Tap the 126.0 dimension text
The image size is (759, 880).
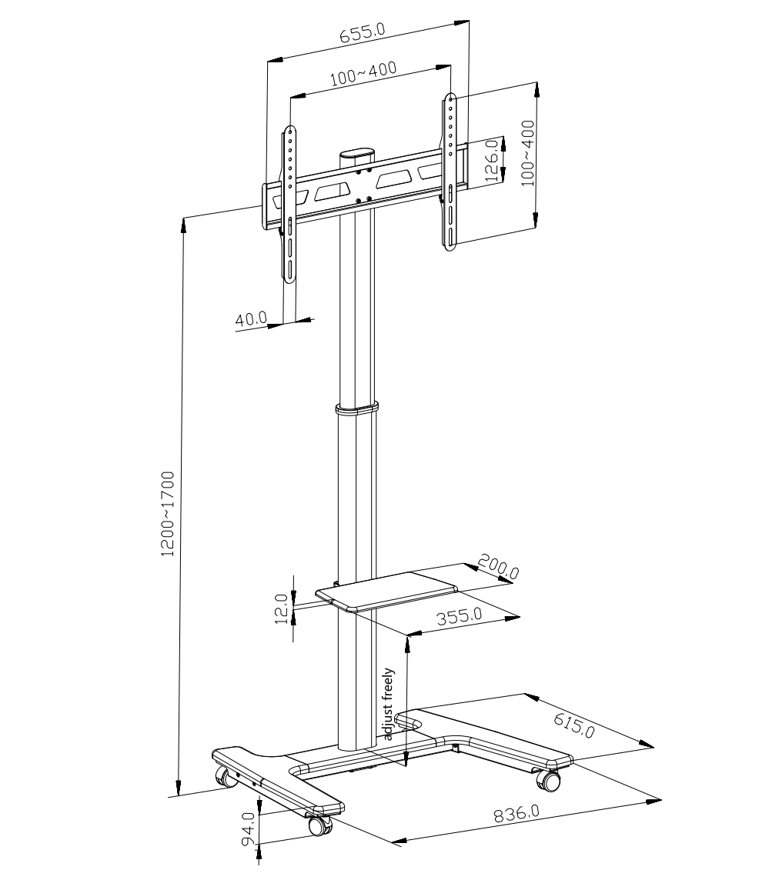(491, 160)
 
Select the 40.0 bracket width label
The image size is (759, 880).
(251, 319)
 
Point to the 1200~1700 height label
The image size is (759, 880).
(168, 514)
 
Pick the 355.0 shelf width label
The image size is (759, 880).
(459, 616)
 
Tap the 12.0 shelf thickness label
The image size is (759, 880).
(282, 609)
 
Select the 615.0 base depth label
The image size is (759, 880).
(573, 725)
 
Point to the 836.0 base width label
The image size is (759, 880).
(517, 813)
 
